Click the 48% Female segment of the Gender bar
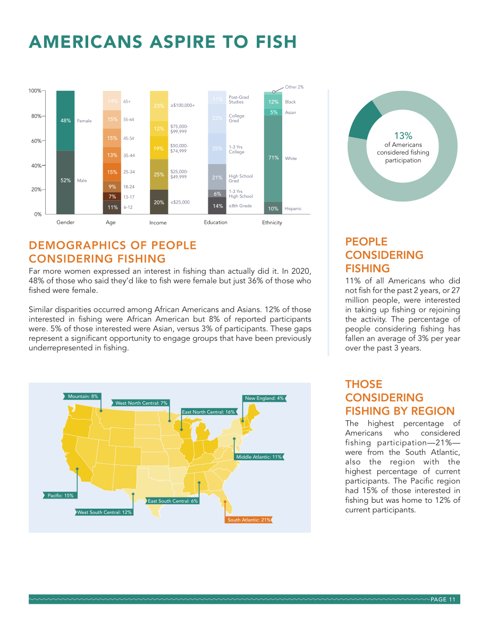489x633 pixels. pyautogui.click(x=65, y=121)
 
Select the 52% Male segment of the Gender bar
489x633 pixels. pyautogui.click(x=65, y=182)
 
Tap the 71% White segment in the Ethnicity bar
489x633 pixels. pyautogui.click(x=273, y=159)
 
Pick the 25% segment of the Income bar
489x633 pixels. pyautogui.click(x=159, y=174)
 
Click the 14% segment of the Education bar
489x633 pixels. pyautogui.click(x=217, y=206)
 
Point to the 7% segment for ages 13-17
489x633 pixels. pyautogui.click(x=112, y=197)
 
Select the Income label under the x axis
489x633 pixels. pyautogui.click(x=158, y=223)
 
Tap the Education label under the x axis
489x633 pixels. pyautogui.click(x=216, y=223)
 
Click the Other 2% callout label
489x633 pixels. pyautogui.click(x=294, y=87)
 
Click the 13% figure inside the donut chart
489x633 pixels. pyautogui.click(x=403, y=136)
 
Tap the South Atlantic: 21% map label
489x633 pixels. pyautogui.click(x=249, y=520)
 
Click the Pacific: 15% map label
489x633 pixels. pyautogui.click(x=60, y=495)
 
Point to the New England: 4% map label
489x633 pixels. pyautogui.click(x=264, y=399)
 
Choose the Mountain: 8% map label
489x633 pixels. pyautogui.click(x=82, y=396)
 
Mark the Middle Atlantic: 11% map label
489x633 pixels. pyautogui.click(x=259, y=457)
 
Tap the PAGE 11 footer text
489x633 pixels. pyautogui.click(x=443, y=600)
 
